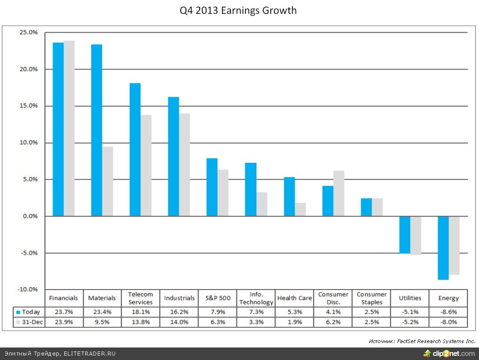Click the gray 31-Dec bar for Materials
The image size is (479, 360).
click(107, 182)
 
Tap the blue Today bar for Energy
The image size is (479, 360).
click(443, 248)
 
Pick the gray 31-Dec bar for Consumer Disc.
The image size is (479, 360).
click(339, 194)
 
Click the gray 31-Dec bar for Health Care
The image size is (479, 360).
click(300, 210)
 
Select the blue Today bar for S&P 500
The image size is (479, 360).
click(212, 187)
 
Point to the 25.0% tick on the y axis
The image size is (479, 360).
click(29, 33)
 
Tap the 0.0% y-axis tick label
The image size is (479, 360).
click(30, 216)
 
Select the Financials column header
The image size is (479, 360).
click(63, 298)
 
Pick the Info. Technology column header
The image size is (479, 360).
click(256, 298)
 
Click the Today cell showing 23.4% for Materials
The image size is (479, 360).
click(102, 312)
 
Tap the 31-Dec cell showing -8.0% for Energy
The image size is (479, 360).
click(448, 322)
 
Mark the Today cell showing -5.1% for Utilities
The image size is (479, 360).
click(410, 312)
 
